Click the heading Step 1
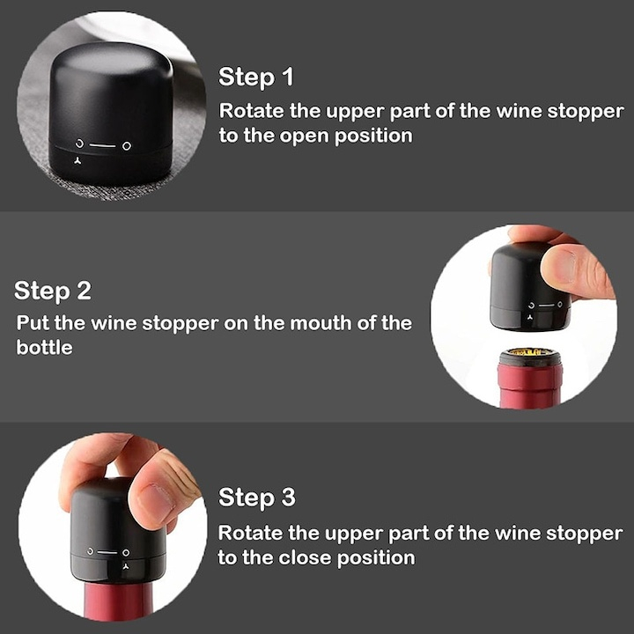click(255, 77)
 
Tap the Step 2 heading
click(53, 291)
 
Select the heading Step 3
click(256, 498)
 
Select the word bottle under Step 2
click(44, 348)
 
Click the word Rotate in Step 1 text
click(250, 112)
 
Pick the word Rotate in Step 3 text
click(250, 533)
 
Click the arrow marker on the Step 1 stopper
click(77, 160)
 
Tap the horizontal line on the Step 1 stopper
click(103, 144)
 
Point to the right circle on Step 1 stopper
click(127, 144)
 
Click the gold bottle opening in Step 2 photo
click(531, 356)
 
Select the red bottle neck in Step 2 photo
click(531, 387)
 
